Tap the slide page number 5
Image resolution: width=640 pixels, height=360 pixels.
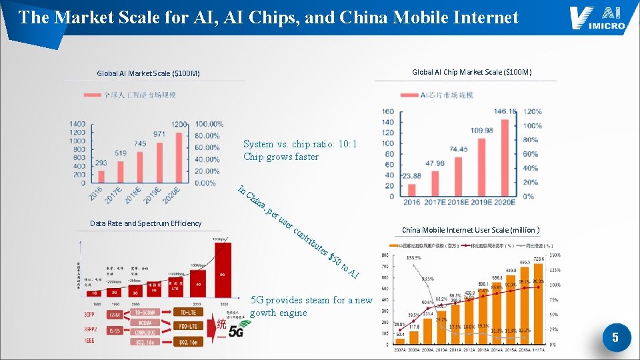[x=615, y=338]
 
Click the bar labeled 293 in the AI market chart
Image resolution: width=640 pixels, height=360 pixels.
[x=101, y=176]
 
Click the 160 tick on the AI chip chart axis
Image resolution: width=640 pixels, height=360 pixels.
[x=388, y=112]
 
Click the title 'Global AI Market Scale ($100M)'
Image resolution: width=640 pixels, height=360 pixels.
[x=148, y=73]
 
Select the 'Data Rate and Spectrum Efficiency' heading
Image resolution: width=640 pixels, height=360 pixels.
[x=145, y=223]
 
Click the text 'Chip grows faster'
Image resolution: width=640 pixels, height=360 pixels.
[x=281, y=157]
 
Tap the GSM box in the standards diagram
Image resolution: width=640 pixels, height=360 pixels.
[x=116, y=313]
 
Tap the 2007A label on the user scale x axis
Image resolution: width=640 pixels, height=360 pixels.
[x=400, y=349]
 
